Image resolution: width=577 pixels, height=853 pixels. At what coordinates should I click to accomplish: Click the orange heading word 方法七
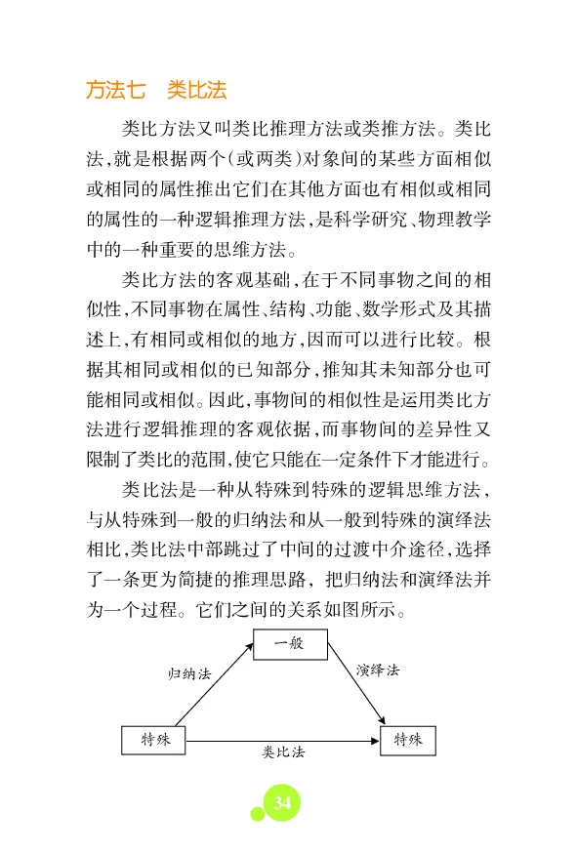pyautogui.click(x=115, y=91)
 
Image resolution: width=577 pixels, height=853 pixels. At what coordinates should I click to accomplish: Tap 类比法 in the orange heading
pyautogui.click(x=196, y=91)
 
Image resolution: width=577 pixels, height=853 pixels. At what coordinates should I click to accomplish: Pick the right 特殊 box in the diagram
pyautogui.click(x=408, y=739)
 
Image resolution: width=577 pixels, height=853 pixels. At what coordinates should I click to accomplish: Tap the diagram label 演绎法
pyautogui.click(x=377, y=670)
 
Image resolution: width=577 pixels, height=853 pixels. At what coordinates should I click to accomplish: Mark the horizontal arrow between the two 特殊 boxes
pyautogui.click(x=283, y=740)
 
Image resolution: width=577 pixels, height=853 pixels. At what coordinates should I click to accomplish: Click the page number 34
pyautogui.click(x=281, y=802)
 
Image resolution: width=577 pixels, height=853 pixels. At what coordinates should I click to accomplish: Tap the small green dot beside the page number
pyautogui.click(x=257, y=814)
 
